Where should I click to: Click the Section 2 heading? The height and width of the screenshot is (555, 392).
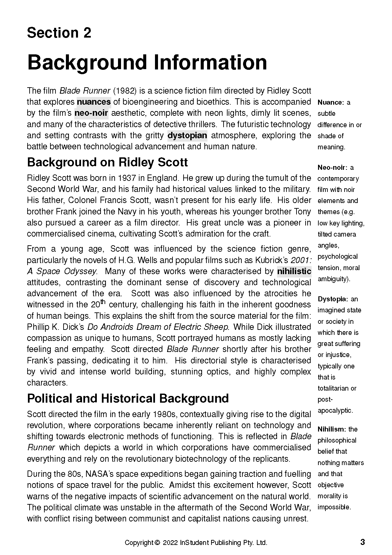(59, 33)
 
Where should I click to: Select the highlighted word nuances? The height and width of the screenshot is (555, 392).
(94, 102)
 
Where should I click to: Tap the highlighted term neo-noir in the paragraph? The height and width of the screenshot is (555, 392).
(91, 113)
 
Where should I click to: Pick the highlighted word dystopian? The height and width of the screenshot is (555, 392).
(187, 136)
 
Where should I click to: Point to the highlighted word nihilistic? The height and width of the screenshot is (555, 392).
(294, 271)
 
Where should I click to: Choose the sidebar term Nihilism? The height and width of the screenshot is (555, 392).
(332, 429)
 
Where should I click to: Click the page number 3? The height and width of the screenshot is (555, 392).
(362, 542)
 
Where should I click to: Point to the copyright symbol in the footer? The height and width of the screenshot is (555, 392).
(157, 543)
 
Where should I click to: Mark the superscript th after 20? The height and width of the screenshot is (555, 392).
(103, 302)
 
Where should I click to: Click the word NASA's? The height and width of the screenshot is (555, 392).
(100, 474)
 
